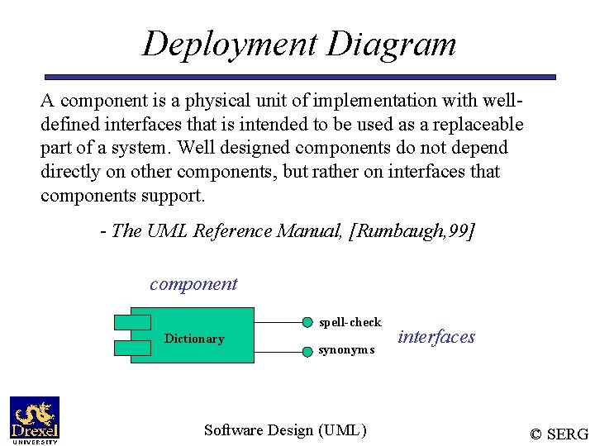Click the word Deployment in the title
click(x=230, y=44)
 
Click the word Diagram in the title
click(x=391, y=44)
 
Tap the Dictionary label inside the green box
click(x=194, y=339)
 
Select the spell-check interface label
click(x=350, y=322)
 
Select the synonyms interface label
click(x=347, y=349)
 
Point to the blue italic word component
click(x=193, y=284)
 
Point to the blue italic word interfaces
click(x=436, y=337)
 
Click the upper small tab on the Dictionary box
click(x=132, y=322)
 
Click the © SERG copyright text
click(x=559, y=434)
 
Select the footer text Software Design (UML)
click(x=285, y=429)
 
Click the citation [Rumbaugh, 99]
click(x=413, y=231)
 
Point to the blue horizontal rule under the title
click(x=299, y=77)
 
